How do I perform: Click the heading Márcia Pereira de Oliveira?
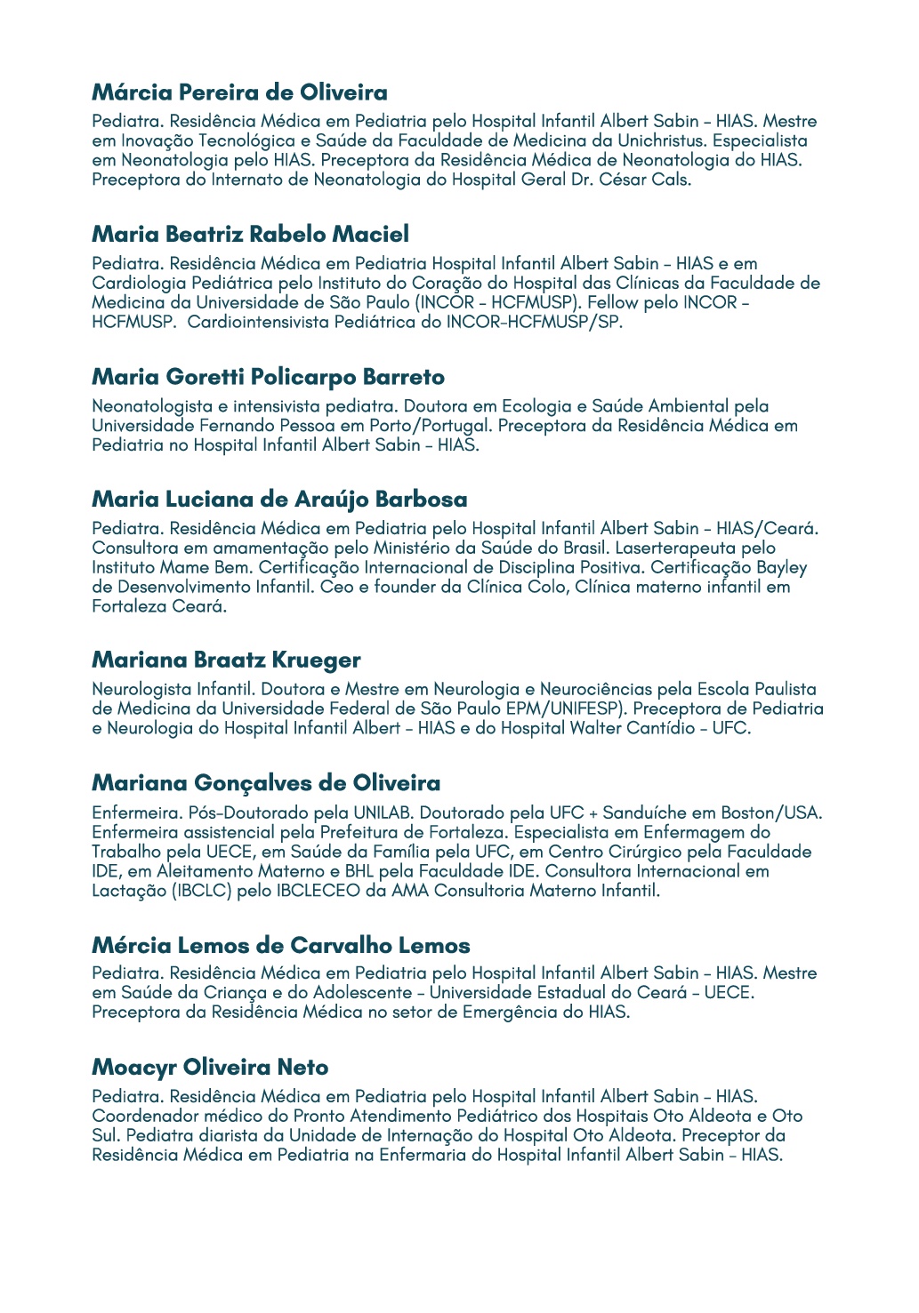pos(239,92)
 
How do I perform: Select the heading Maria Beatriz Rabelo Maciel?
pos(250,235)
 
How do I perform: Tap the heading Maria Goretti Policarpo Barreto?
pos(268,377)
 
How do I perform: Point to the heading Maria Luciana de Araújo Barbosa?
pos(279,500)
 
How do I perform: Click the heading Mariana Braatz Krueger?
pos(226,661)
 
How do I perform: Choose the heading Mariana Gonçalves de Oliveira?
pos(266,783)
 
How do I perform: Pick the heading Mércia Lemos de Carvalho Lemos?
pos(280,945)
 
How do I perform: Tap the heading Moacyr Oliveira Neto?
pos(210,1068)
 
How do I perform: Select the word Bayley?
pos(781,567)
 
